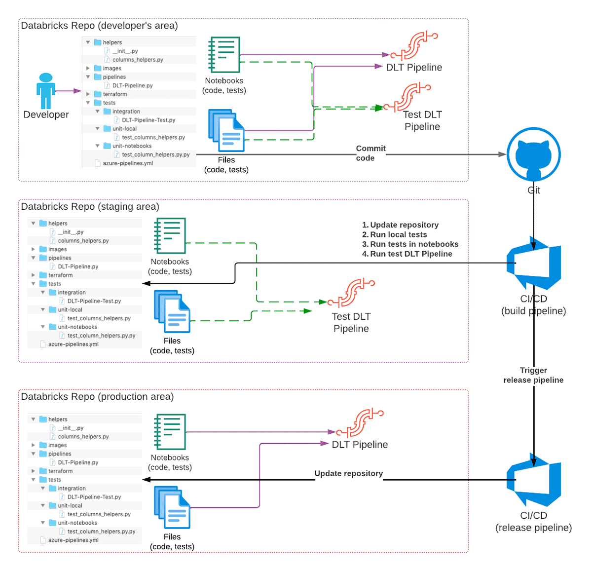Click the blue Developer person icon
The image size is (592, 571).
[x=45, y=91]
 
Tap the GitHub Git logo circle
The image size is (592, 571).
[x=533, y=154]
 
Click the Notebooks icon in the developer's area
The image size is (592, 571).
[x=224, y=54]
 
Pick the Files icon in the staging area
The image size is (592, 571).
[x=172, y=311]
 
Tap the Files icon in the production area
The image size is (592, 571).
[x=172, y=507]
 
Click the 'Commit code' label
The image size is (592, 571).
[x=370, y=153]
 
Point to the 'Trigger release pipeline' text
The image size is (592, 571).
[x=533, y=375]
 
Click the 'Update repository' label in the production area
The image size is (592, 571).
[x=348, y=473]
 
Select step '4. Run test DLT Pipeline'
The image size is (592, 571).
[x=407, y=254]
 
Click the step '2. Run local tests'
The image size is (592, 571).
[x=395, y=234]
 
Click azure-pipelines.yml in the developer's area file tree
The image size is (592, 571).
[x=127, y=163]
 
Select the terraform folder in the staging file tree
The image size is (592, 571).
[x=60, y=275]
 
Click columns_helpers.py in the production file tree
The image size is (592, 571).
[x=83, y=437]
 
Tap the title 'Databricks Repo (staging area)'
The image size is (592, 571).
[x=90, y=207]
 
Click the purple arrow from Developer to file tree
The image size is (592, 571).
[x=68, y=91]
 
